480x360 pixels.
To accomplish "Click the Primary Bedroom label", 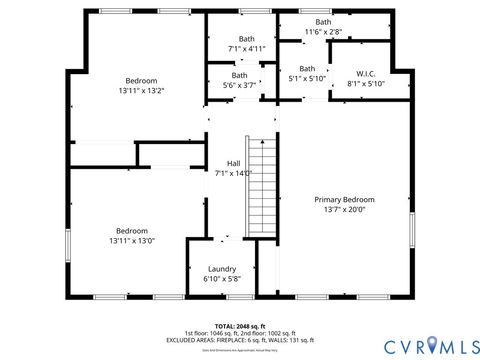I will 344,199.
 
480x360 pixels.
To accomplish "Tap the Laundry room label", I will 222,269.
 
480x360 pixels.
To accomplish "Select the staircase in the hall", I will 260,187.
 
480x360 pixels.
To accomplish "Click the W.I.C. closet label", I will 365,74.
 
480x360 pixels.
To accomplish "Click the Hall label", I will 233,163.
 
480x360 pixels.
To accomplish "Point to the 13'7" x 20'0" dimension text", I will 344,210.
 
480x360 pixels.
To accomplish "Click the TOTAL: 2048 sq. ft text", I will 238,326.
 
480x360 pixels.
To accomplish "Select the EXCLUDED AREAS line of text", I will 238,340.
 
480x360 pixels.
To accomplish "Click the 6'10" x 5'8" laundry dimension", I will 222,280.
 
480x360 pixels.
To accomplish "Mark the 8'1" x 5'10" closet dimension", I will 365,84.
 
